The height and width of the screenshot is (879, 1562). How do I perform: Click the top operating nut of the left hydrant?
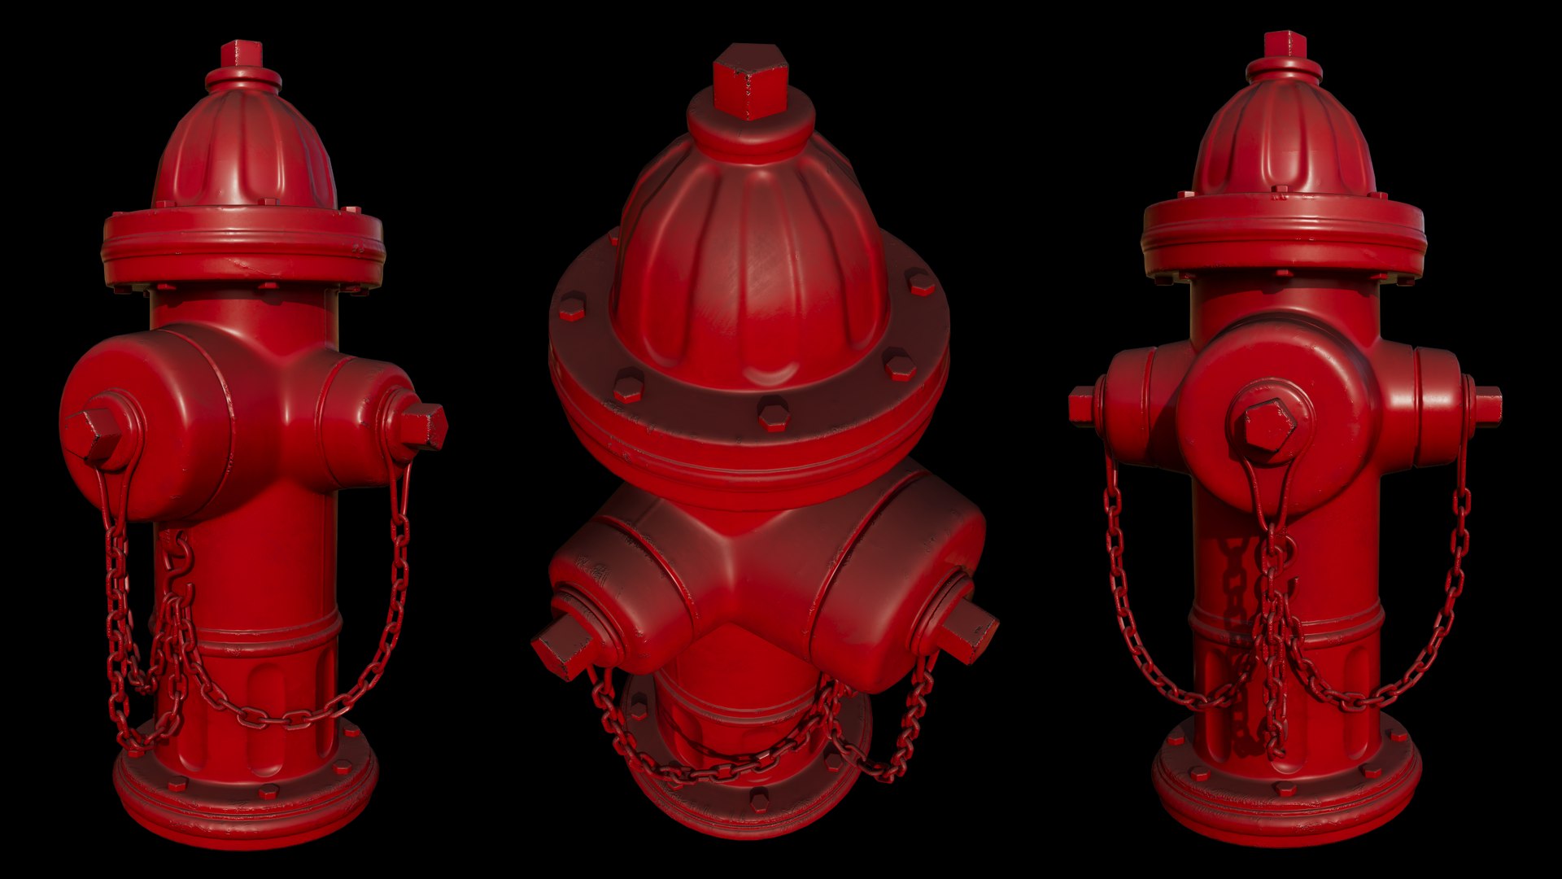[242, 55]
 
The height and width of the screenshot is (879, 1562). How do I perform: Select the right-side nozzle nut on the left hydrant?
[422, 425]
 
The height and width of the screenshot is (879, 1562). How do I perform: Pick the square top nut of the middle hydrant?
[751, 81]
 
